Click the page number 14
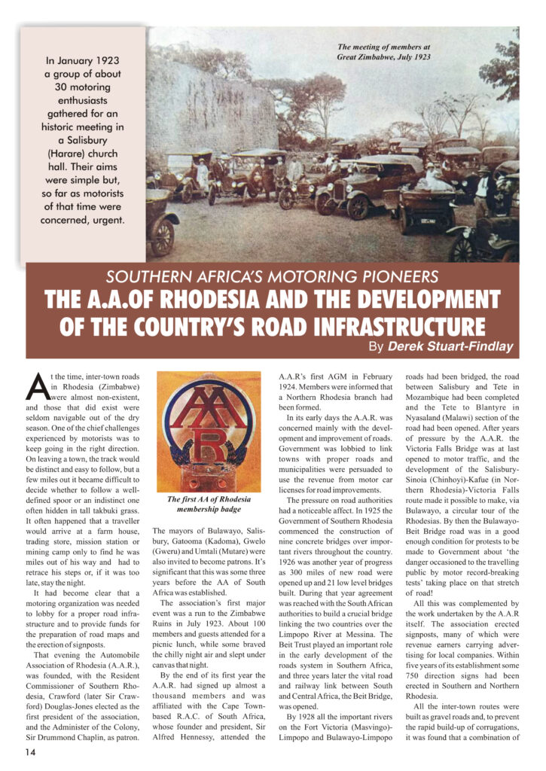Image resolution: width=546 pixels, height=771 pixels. [31, 751]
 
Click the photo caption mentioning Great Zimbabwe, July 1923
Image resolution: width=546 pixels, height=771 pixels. [383, 51]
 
